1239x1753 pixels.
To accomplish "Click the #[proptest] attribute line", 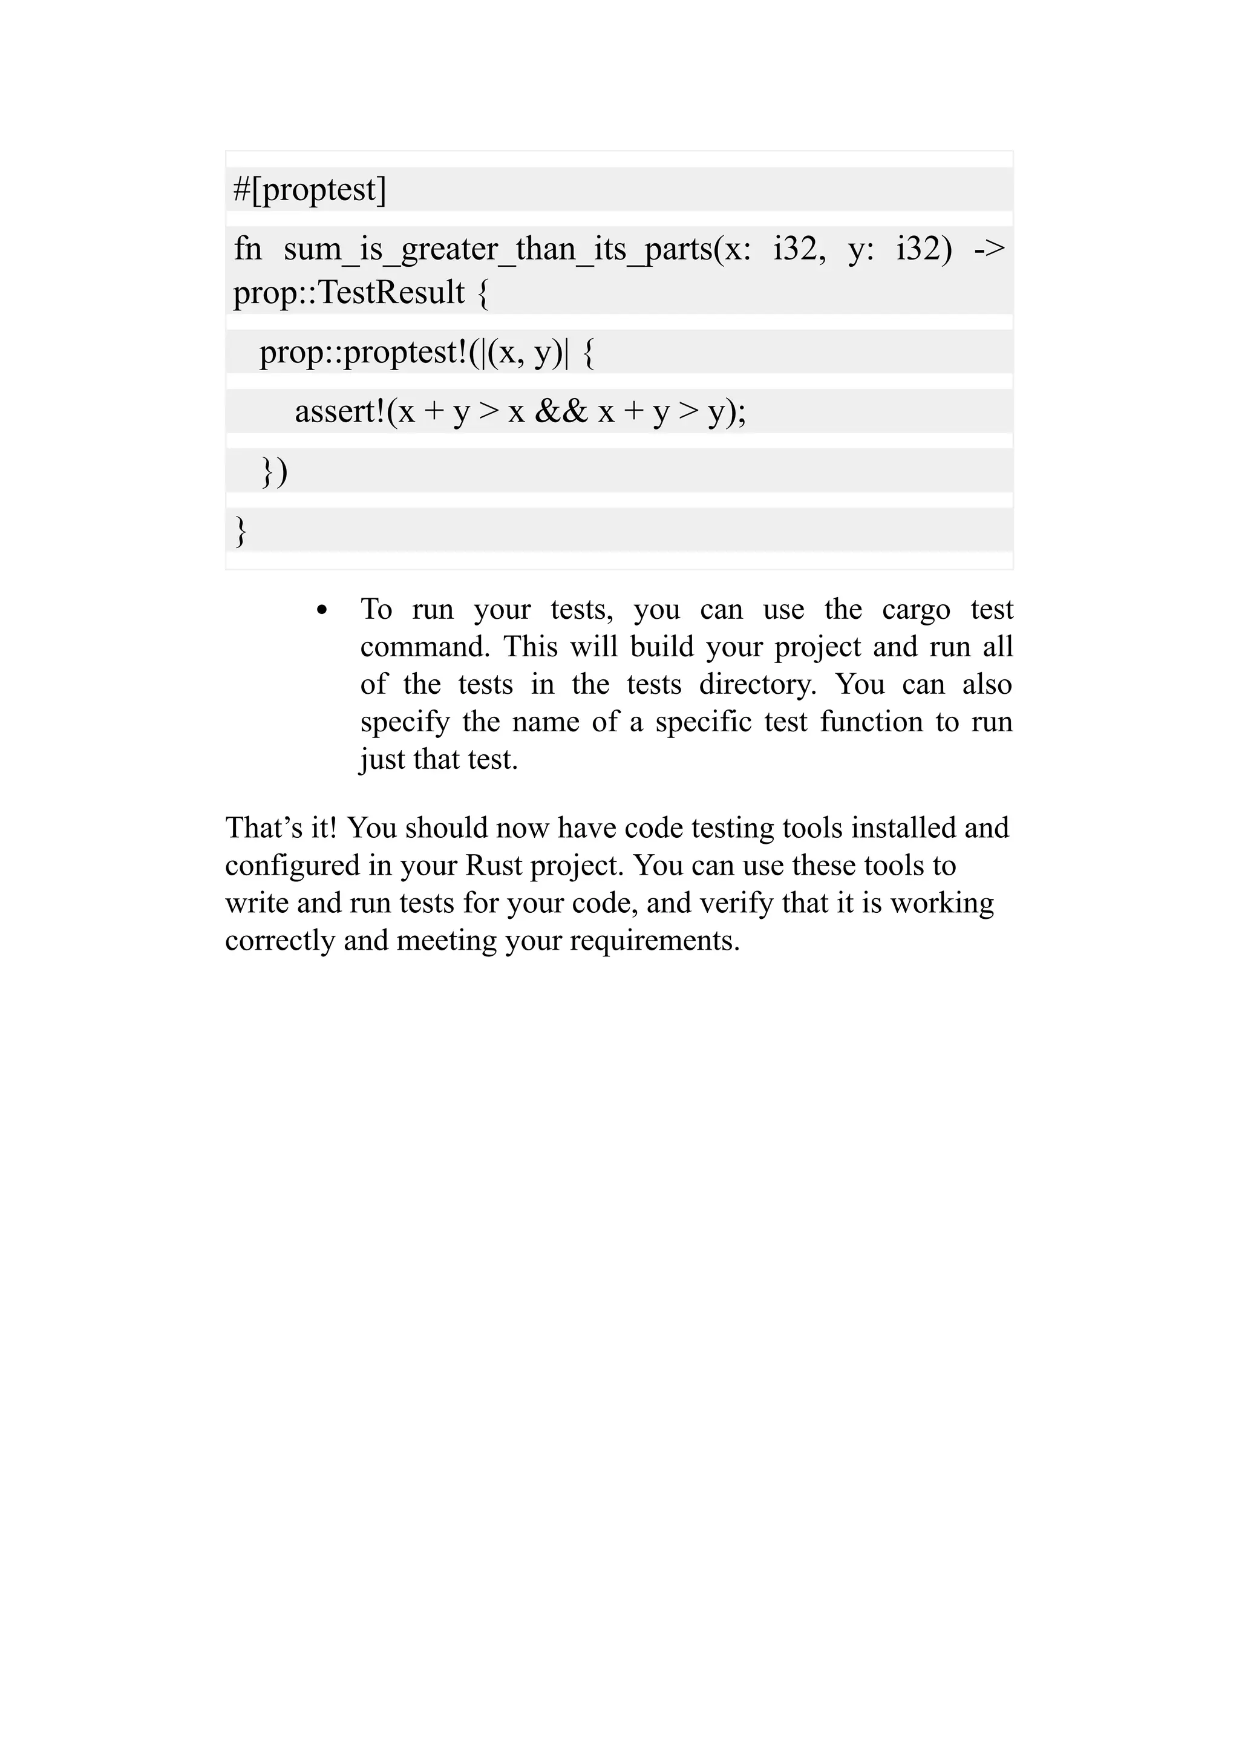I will tap(310, 189).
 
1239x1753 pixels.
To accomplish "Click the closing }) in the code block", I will tap(274, 471).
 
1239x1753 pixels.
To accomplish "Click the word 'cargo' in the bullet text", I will tap(915, 609).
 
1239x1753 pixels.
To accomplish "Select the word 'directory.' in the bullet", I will tap(757, 684).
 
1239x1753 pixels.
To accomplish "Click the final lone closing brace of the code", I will tap(240, 530).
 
